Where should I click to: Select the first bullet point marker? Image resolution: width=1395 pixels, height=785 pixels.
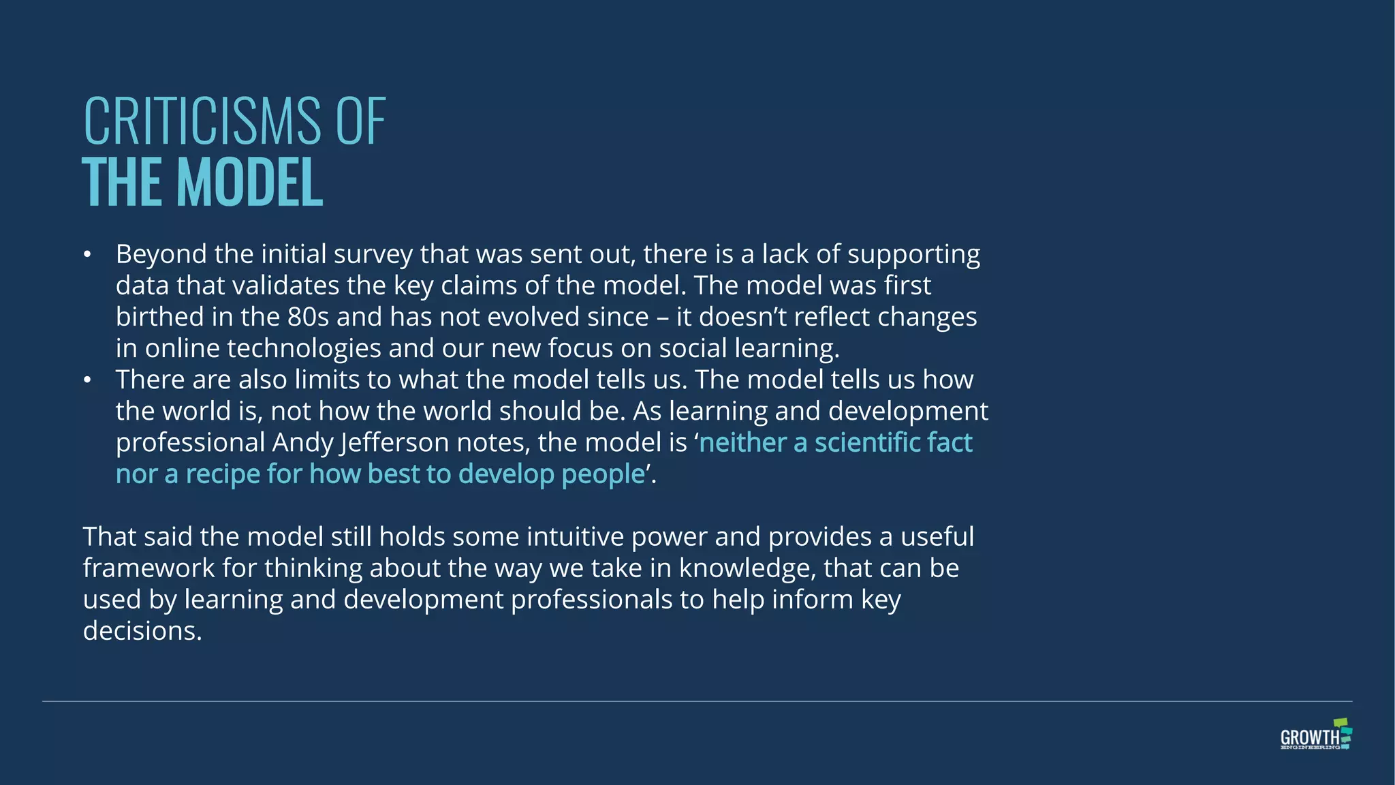click(87, 255)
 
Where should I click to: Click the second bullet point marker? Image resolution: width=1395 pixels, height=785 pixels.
click(87, 380)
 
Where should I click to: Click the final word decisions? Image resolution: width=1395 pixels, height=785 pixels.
click(142, 631)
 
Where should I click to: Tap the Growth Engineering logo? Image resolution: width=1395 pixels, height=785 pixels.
click(1315, 735)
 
